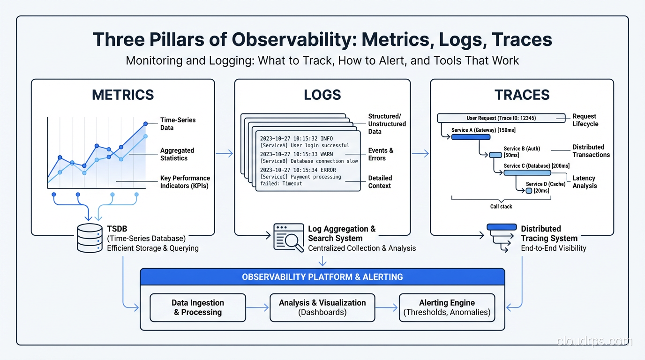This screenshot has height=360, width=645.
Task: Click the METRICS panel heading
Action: coord(123,95)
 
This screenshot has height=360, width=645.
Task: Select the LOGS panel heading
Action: coord(322,95)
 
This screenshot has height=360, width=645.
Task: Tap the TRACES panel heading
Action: coord(522,95)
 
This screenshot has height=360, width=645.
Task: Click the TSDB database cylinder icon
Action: coord(90,238)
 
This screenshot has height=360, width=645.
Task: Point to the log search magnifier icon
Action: coord(288,238)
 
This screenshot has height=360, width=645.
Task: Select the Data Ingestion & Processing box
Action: coord(197,307)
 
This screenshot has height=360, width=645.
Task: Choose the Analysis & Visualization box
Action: coord(322,307)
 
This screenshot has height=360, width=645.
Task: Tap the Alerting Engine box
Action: coord(447,307)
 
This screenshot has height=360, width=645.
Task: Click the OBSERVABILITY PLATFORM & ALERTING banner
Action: coord(322,277)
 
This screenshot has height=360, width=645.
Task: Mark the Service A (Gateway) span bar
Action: coord(470,137)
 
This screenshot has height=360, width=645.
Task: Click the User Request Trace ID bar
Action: coord(501,118)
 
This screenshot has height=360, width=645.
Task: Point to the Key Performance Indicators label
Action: coord(185,182)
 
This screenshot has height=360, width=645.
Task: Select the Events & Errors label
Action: coord(381,154)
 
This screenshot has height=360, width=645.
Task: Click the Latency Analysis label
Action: coord(585,182)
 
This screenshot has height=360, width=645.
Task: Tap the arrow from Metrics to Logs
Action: coord(224,153)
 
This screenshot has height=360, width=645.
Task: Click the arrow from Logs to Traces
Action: coord(420,153)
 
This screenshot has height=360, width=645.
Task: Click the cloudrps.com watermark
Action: coord(594,341)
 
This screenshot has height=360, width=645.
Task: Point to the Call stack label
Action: coord(501,206)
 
